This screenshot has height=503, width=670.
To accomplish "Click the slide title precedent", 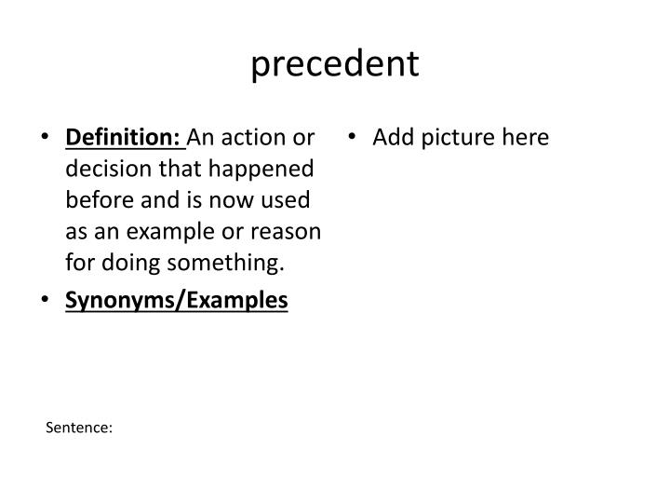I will (x=335, y=63).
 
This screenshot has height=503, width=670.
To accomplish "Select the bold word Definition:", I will (x=125, y=138).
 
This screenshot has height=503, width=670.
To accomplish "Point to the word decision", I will (x=105, y=170).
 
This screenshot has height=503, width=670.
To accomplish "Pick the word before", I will (x=96, y=201).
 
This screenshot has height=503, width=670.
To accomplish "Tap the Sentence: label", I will (x=79, y=428).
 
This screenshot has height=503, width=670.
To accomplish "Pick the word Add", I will (x=391, y=138).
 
